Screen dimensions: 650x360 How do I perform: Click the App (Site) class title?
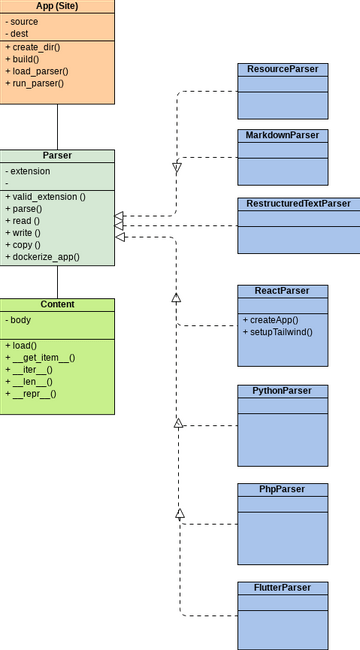click(x=57, y=6)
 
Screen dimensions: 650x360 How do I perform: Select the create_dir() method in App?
click(x=36, y=47)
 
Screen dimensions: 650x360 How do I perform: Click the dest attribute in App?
click(x=19, y=33)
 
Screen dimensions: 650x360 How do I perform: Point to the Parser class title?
click(x=57, y=156)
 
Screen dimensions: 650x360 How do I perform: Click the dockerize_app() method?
click(x=45, y=257)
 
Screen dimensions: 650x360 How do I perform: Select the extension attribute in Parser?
click(x=29, y=171)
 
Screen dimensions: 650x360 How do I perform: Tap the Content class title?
click(x=57, y=304)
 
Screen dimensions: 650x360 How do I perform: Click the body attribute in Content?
click(x=20, y=319)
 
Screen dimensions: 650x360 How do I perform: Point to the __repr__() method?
click(x=34, y=393)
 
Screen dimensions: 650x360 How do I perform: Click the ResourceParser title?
click(x=283, y=69)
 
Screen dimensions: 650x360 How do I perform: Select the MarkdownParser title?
click(x=283, y=135)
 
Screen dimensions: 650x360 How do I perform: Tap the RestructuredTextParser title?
click(x=298, y=203)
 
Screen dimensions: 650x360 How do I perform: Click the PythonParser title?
click(x=283, y=390)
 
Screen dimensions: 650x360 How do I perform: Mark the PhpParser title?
click(x=283, y=489)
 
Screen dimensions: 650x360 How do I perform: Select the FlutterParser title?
click(x=283, y=587)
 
